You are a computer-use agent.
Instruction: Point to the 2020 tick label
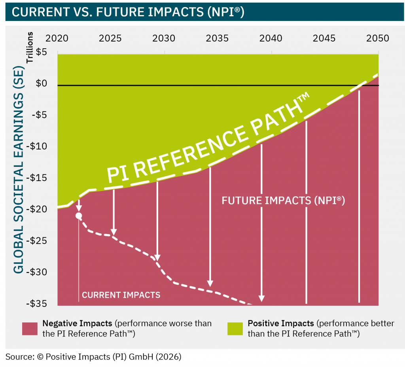pos(57,38)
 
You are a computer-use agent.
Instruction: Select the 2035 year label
pos(217,38)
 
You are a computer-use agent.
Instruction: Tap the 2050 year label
pos(378,38)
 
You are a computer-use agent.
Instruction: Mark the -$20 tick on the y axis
pos(44,209)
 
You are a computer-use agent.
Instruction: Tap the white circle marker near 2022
pos(79,216)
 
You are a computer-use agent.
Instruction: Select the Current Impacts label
pos(121,295)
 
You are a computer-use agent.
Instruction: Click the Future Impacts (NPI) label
pos(283,201)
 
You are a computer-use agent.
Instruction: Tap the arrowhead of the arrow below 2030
pos(157,257)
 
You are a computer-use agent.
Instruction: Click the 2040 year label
pos(271,38)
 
